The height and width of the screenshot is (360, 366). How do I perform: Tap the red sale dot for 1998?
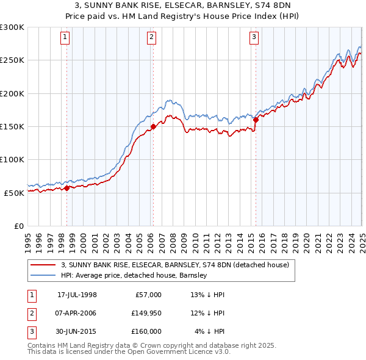[66, 188]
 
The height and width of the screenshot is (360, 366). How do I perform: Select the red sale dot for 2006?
[153, 127]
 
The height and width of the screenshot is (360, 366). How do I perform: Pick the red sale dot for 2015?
[256, 120]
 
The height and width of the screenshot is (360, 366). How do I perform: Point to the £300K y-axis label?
[12, 27]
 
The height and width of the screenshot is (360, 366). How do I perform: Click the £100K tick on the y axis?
[12, 159]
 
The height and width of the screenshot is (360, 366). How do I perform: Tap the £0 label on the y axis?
[18, 226]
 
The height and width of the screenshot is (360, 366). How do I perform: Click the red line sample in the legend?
[43, 265]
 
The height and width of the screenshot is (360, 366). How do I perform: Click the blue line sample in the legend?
[43, 276]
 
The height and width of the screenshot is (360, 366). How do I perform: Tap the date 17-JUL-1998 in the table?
[77, 295]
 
